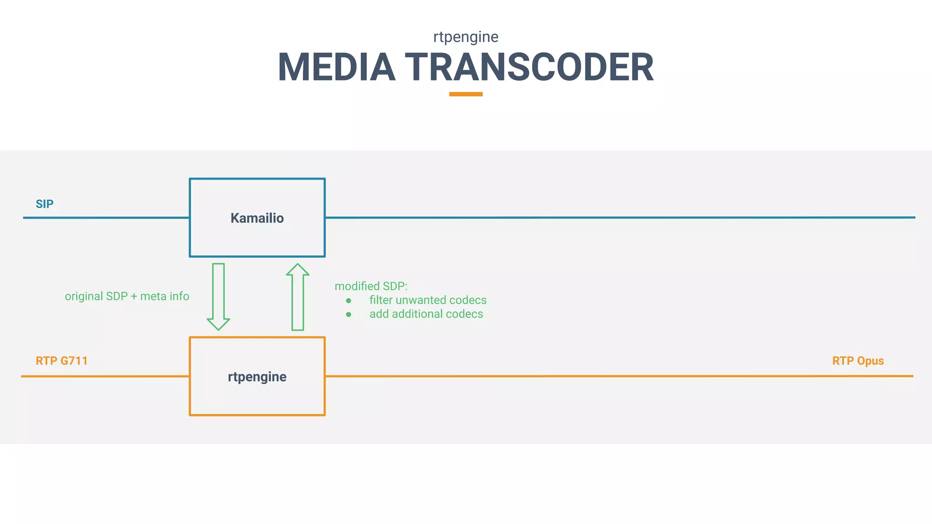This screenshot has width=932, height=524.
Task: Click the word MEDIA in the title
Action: [336, 67]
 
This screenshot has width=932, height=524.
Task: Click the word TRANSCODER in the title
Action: [529, 67]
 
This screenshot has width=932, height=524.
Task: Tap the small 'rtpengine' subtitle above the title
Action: [466, 37]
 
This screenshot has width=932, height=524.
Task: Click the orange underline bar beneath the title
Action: [466, 94]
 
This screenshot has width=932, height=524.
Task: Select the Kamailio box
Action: [257, 237]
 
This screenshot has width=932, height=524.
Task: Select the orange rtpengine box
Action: [257, 396]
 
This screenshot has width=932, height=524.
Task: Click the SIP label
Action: [45, 204]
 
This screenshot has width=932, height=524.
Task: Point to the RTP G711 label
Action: [61, 361]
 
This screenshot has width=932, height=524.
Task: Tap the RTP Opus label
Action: [858, 361]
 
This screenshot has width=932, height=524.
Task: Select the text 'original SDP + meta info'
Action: [127, 296]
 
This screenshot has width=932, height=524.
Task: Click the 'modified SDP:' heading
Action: [371, 286]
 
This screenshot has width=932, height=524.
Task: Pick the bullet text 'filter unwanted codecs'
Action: [428, 300]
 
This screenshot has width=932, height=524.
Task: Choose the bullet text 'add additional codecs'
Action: [426, 314]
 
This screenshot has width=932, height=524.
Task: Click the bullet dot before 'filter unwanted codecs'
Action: [349, 301]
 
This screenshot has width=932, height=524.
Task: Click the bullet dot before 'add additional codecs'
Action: [349, 314]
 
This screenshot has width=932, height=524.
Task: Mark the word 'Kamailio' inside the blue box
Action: [257, 218]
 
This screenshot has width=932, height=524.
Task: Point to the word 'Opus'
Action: [870, 361]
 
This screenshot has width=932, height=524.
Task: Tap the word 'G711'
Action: [74, 361]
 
